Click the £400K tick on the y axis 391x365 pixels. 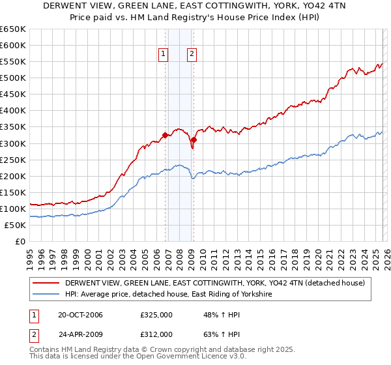(x=13, y=111)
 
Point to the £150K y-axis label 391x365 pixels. (x=13, y=192)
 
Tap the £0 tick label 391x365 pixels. (x=20, y=241)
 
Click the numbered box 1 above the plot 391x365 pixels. (x=163, y=55)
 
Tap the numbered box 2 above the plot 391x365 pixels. (x=192, y=55)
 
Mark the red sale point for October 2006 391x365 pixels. (x=165, y=135)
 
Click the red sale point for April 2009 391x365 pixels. (x=194, y=139)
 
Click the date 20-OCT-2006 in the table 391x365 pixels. (x=80, y=315)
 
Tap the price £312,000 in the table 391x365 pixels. (x=156, y=334)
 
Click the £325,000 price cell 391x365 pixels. (x=156, y=315)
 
